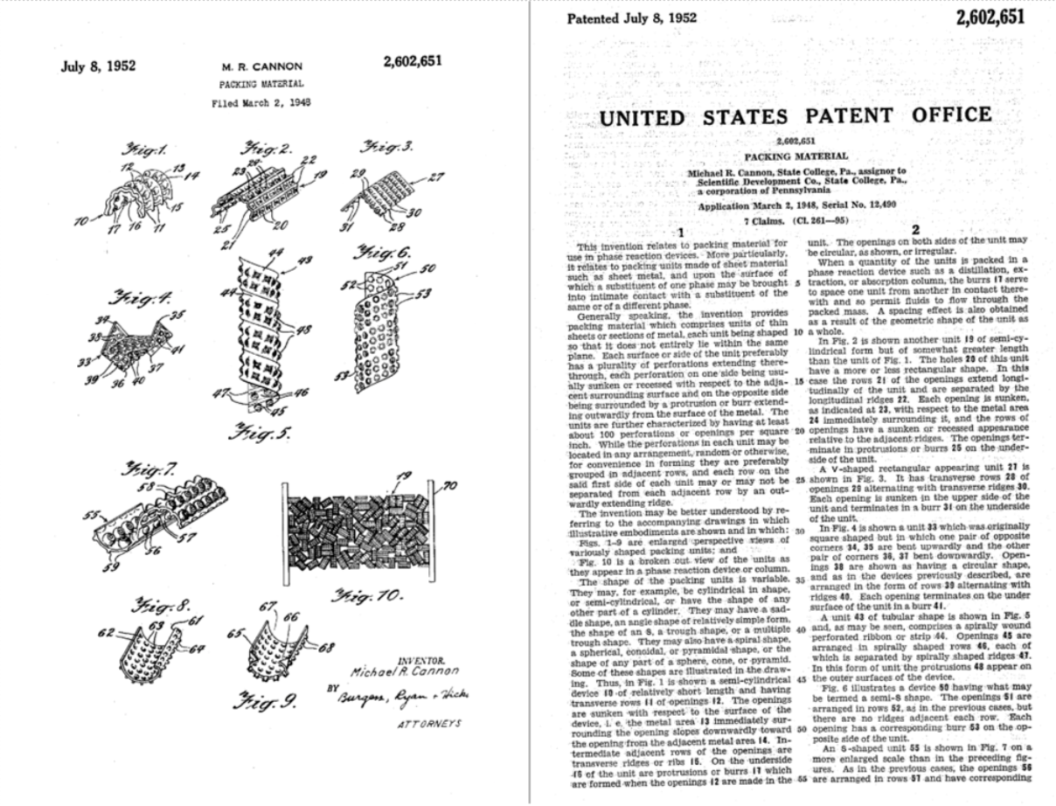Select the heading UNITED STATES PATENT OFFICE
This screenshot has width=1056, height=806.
(x=795, y=115)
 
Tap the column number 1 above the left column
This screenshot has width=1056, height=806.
(x=679, y=232)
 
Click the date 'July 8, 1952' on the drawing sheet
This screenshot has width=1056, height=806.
(x=99, y=66)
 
